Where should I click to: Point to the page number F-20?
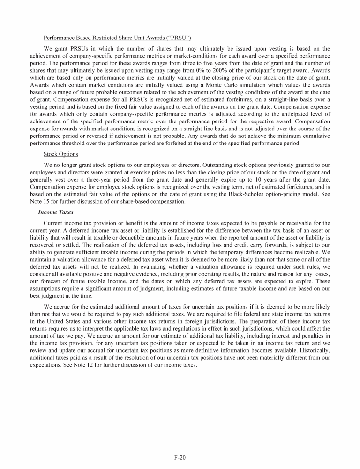pos(180,455)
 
